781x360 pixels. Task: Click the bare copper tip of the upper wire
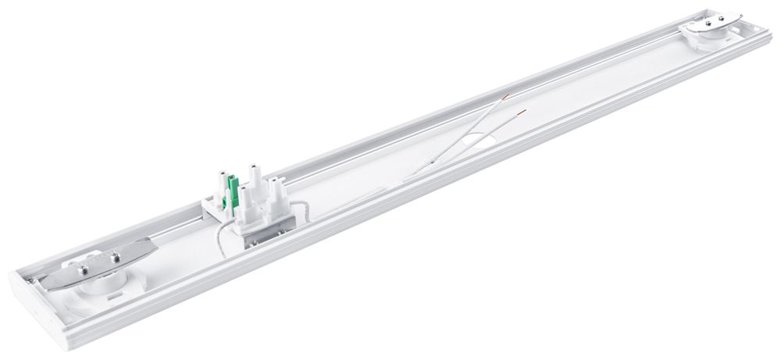[508, 95]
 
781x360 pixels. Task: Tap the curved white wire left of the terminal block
[219, 235]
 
